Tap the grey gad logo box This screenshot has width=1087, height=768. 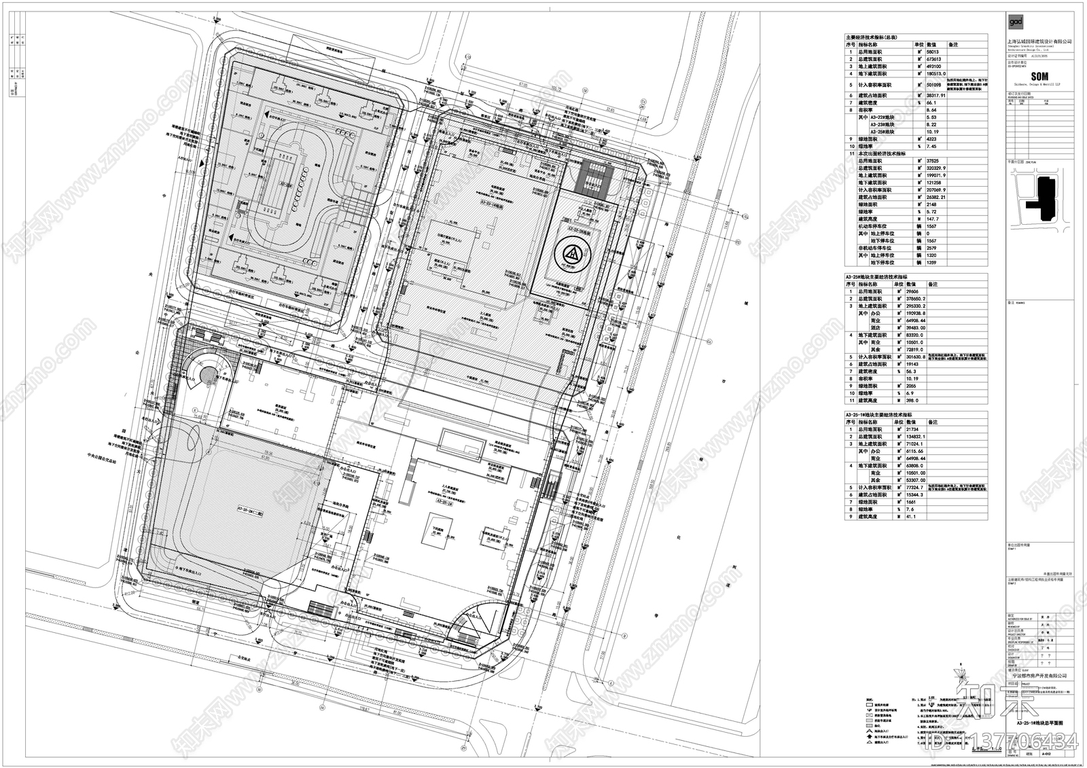click(1015, 22)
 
